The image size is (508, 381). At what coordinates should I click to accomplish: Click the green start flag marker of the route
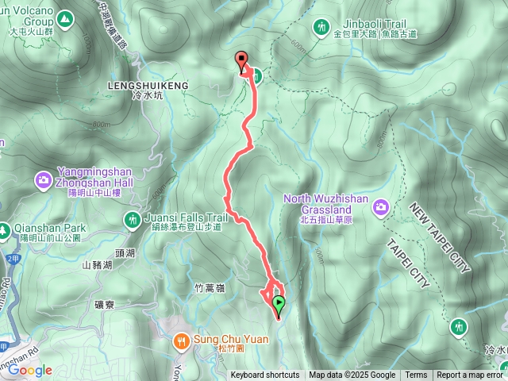pyautogui.click(x=279, y=302)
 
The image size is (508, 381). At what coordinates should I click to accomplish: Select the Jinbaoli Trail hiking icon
pyautogui.click(x=321, y=25)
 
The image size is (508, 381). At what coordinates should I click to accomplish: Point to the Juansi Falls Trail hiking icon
pyautogui.click(x=131, y=218)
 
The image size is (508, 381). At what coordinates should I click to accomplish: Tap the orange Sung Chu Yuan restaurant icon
pyautogui.click(x=182, y=341)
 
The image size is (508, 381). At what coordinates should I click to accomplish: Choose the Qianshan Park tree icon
pyautogui.click(x=5, y=227)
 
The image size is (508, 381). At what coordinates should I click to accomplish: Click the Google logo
pyautogui.click(x=30, y=370)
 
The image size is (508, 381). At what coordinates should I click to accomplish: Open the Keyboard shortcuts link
pyautogui.click(x=265, y=375)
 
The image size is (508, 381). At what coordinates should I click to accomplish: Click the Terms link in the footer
pyautogui.click(x=416, y=375)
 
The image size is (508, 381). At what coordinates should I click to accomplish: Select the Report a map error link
pyautogui.click(x=470, y=375)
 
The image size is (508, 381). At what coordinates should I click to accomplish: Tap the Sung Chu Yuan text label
pyautogui.click(x=231, y=340)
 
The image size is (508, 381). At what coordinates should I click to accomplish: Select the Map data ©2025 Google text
pyautogui.click(x=352, y=375)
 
